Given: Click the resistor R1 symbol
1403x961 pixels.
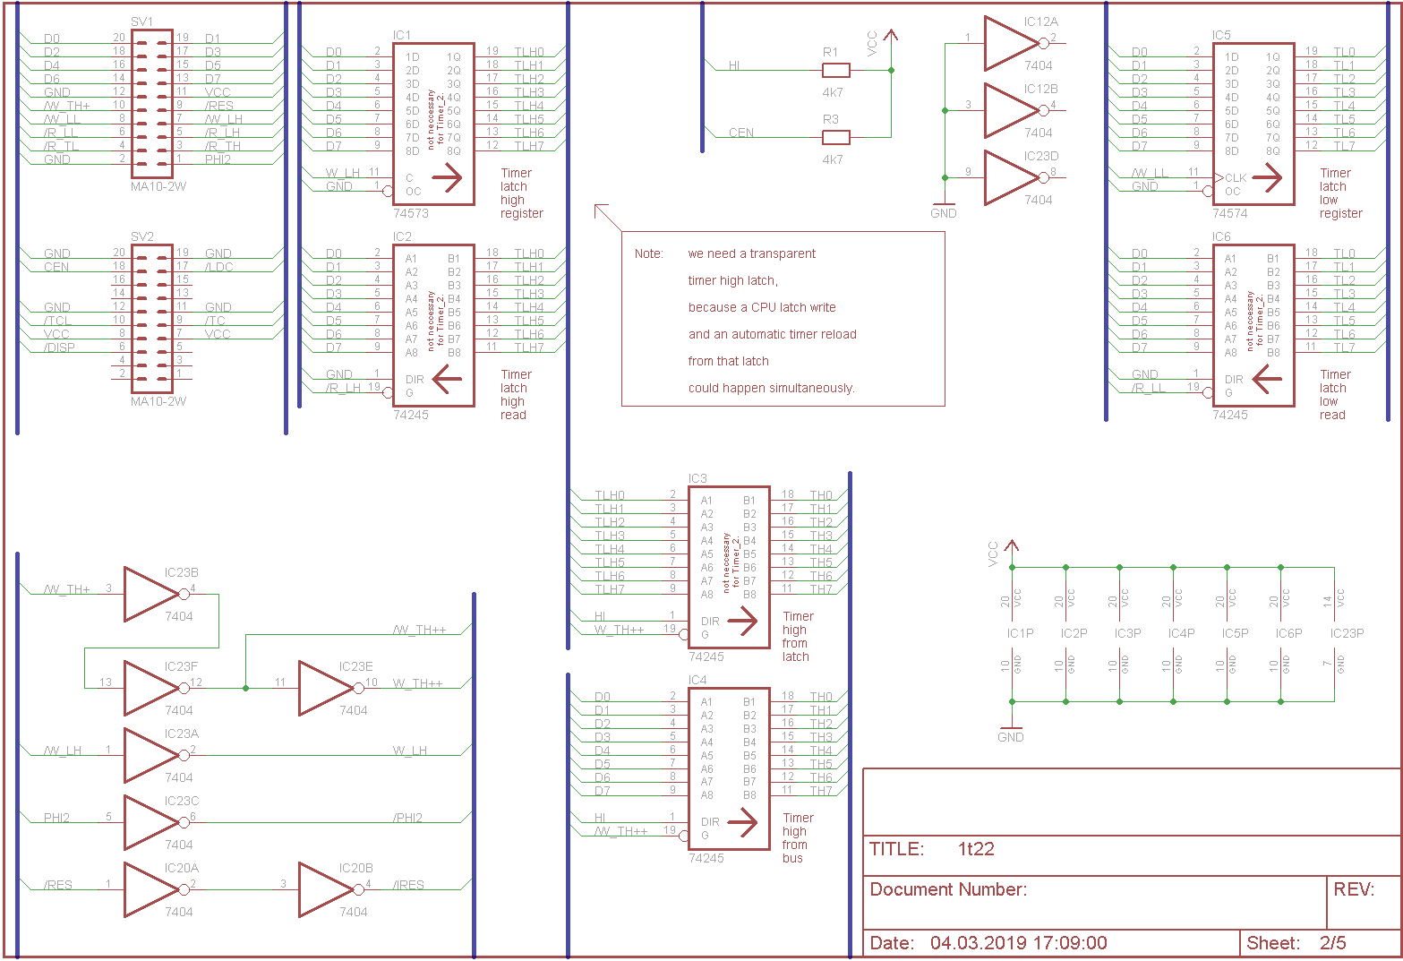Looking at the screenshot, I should tap(835, 70).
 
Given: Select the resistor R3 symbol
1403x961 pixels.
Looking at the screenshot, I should tap(835, 137).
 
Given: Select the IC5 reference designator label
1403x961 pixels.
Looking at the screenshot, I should tap(1221, 36).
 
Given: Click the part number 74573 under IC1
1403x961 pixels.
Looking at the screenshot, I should tap(411, 214).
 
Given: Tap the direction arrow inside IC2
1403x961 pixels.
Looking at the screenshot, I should tap(447, 380).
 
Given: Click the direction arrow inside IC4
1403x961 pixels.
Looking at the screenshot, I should tap(742, 822).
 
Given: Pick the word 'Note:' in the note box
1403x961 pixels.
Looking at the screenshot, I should tap(649, 254).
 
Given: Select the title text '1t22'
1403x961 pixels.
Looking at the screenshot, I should tap(976, 849).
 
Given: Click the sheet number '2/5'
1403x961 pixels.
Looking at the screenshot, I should tap(1332, 943).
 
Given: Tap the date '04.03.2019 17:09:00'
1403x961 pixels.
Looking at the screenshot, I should tap(1018, 943).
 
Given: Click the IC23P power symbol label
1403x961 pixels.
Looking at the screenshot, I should tap(1347, 633).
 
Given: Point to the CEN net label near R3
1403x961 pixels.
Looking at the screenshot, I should tap(740, 133).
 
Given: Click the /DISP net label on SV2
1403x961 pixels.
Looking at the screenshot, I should tap(61, 348).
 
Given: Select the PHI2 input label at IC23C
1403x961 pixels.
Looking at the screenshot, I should tap(56, 818).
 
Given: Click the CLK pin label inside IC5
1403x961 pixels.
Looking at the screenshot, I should tap(1236, 178).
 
